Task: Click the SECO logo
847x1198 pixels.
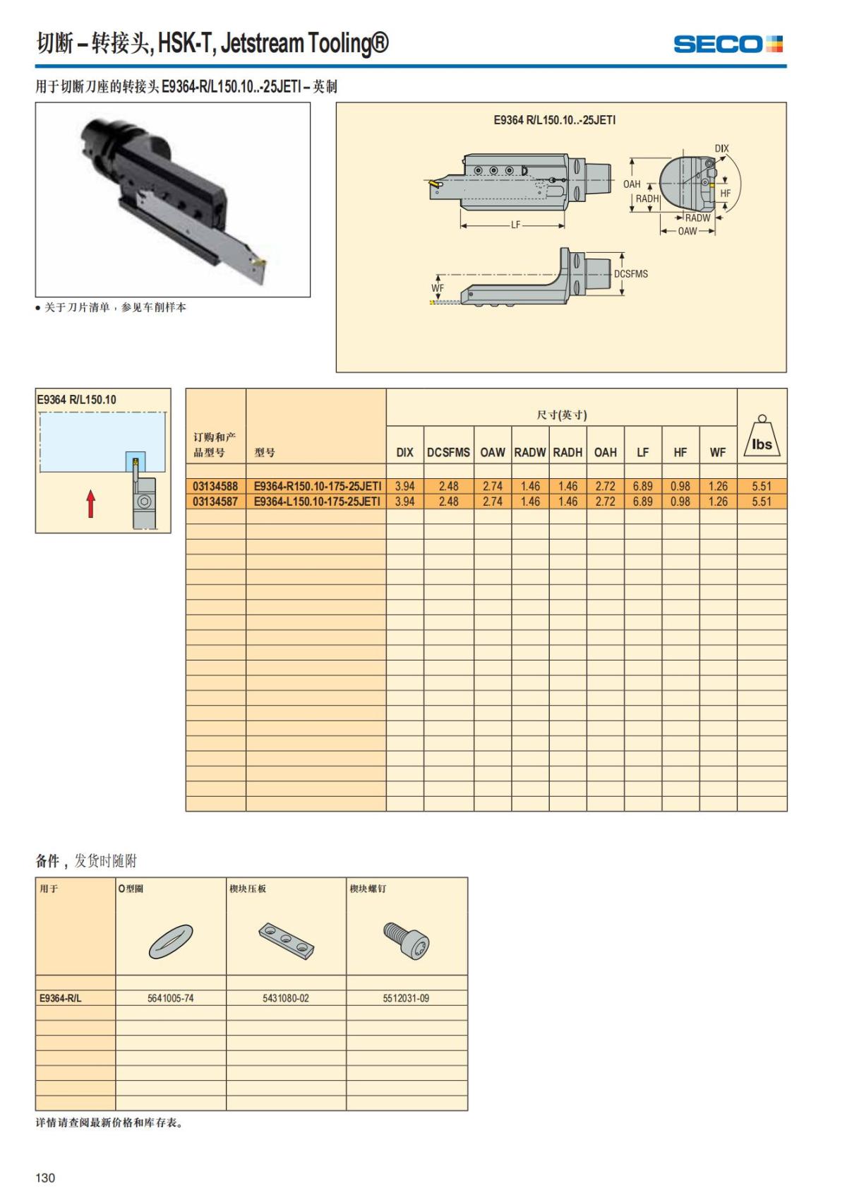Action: (728, 44)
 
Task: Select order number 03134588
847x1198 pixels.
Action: (215, 486)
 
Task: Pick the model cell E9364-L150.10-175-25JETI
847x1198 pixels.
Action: (317, 502)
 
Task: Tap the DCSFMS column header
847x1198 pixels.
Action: (448, 452)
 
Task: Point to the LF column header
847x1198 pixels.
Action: (642, 452)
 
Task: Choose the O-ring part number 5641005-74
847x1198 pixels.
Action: (170, 998)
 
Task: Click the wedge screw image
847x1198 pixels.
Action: (407, 940)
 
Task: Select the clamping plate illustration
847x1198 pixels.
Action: (287, 941)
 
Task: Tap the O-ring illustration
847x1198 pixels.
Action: (171, 942)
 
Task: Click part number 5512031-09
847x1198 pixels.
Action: (406, 998)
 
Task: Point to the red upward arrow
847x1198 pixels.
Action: (90, 504)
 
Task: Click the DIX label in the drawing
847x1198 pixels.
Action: (721, 148)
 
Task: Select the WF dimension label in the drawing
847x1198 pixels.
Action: (438, 287)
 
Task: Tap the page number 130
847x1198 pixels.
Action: (45, 1178)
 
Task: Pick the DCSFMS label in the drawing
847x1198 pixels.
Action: (631, 273)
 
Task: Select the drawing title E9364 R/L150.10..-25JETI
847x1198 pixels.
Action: (554, 120)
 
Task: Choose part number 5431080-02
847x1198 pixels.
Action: (286, 998)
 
